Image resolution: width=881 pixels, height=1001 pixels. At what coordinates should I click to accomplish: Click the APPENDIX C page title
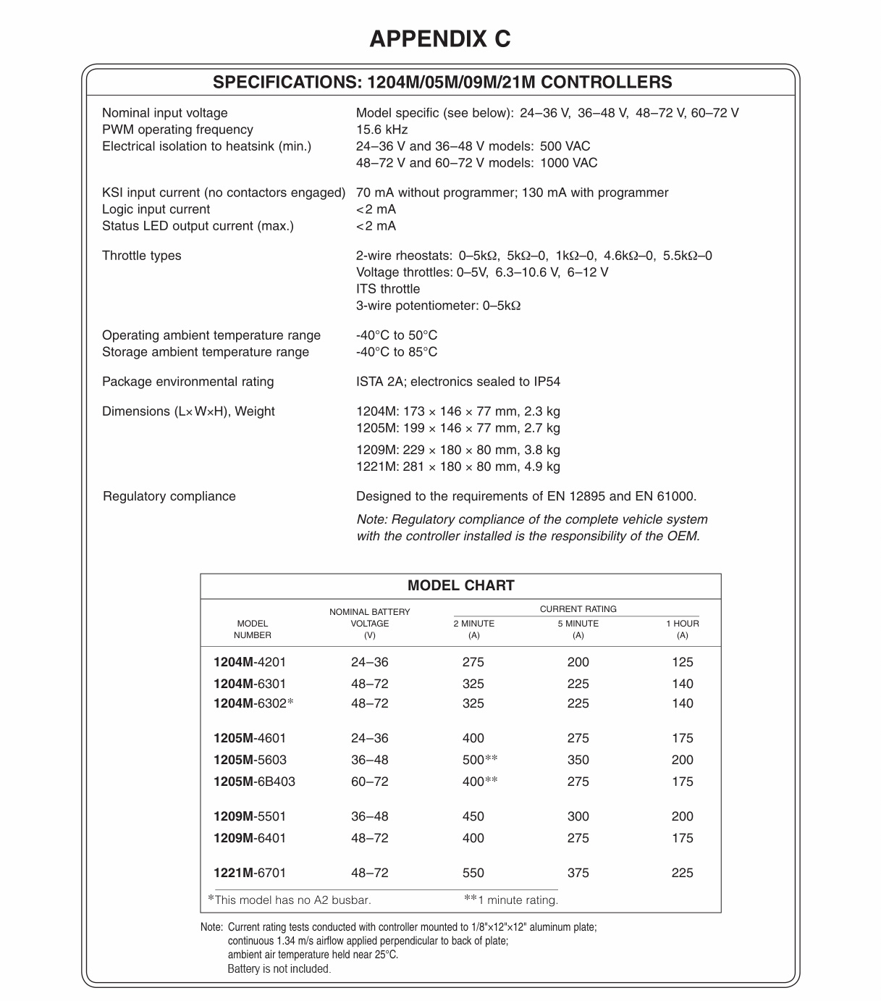(440, 38)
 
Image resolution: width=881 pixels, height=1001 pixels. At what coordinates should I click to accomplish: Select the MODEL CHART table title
(460, 585)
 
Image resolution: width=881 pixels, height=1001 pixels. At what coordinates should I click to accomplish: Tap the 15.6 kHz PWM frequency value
(382, 130)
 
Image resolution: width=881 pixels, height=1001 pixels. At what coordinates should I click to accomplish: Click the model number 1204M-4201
(250, 662)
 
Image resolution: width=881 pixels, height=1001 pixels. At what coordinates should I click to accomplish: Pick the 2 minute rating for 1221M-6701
(473, 873)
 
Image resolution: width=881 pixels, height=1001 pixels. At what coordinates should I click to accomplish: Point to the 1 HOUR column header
(682, 624)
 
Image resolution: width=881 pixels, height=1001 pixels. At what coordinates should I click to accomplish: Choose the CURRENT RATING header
(578, 609)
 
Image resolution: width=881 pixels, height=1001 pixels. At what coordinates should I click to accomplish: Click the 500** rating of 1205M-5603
(480, 760)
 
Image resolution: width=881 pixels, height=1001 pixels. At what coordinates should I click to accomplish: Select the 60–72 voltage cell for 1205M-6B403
(369, 782)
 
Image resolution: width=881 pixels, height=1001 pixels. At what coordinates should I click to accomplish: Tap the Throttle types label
(142, 256)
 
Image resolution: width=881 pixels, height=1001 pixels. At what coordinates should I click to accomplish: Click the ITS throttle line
(387, 289)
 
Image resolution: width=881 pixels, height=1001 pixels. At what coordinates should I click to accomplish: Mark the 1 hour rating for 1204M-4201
(682, 662)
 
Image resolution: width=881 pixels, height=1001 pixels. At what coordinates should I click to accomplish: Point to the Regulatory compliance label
(169, 496)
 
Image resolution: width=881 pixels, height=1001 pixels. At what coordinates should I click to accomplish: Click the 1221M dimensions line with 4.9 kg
(458, 466)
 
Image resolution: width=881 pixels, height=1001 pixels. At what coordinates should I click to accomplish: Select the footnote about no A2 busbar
(290, 900)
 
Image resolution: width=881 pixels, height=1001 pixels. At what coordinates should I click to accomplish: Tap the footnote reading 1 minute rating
(511, 900)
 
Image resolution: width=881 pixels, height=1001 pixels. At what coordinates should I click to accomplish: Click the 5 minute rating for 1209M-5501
(578, 816)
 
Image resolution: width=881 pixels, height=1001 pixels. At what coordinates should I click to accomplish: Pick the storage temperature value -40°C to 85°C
(397, 352)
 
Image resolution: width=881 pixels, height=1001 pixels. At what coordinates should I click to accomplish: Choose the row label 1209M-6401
(250, 838)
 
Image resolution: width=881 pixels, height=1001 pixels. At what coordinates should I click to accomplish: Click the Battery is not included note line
(279, 968)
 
